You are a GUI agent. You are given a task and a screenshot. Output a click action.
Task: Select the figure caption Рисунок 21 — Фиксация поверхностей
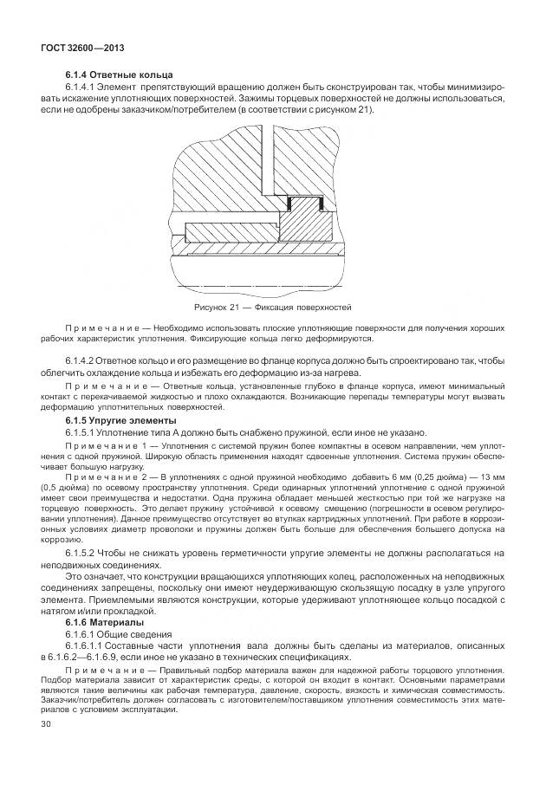[272, 307]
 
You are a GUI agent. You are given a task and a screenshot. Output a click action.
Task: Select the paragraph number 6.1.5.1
[83, 431]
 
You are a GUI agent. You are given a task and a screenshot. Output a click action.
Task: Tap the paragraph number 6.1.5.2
[83, 552]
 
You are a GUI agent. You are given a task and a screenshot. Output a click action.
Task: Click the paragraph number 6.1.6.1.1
[88, 646]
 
